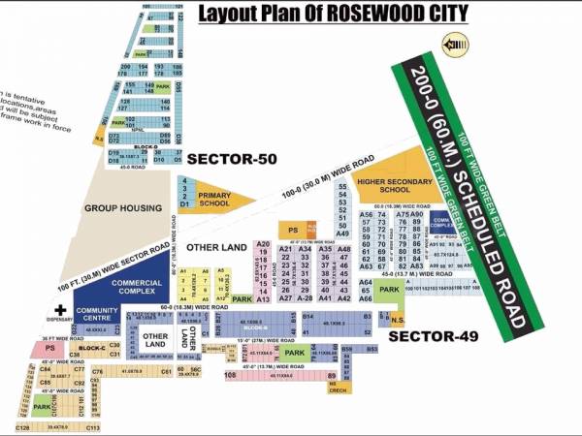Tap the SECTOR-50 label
pyautogui.click(x=225, y=158)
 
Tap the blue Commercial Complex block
pyautogui.click(x=136, y=286)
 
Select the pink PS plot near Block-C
pyautogui.click(x=48, y=347)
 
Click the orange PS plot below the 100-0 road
pyautogui.click(x=292, y=230)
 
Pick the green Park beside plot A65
pyautogui.click(x=389, y=290)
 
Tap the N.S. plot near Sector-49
pyautogui.click(x=397, y=318)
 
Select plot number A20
pyautogui.click(x=262, y=244)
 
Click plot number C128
pyautogui.click(x=21, y=426)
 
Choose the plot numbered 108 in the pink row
pyautogui.click(x=231, y=375)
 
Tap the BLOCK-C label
pyautogui.click(x=91, y=346)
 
